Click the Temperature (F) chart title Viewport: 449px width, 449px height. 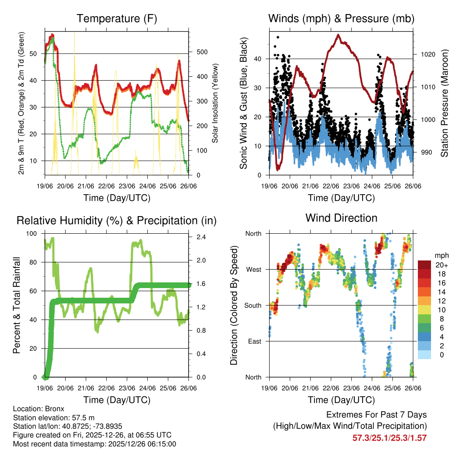click(x=117, y=18)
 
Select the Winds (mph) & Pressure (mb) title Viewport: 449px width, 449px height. click(x=341, y=18)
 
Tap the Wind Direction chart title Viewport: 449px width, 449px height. click(x=341, y=218)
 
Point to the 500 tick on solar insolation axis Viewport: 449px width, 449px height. click(x=202, y=52)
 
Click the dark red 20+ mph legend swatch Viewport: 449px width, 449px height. click(x=424, y=265)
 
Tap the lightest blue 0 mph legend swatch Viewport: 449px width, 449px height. click(x=424, y=355)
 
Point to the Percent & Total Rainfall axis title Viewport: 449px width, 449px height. click(x=16, y=305)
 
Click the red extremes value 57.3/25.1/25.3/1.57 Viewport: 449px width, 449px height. click(x=389, y=438)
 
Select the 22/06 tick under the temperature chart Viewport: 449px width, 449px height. click(x=107, y=186)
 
